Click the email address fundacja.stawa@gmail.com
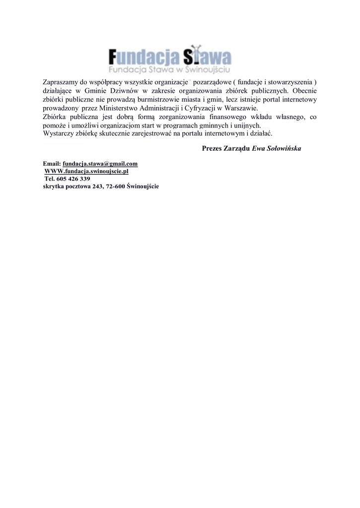coord(100,164)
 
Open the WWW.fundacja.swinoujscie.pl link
coord(86,171)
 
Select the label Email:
coord(52,164)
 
